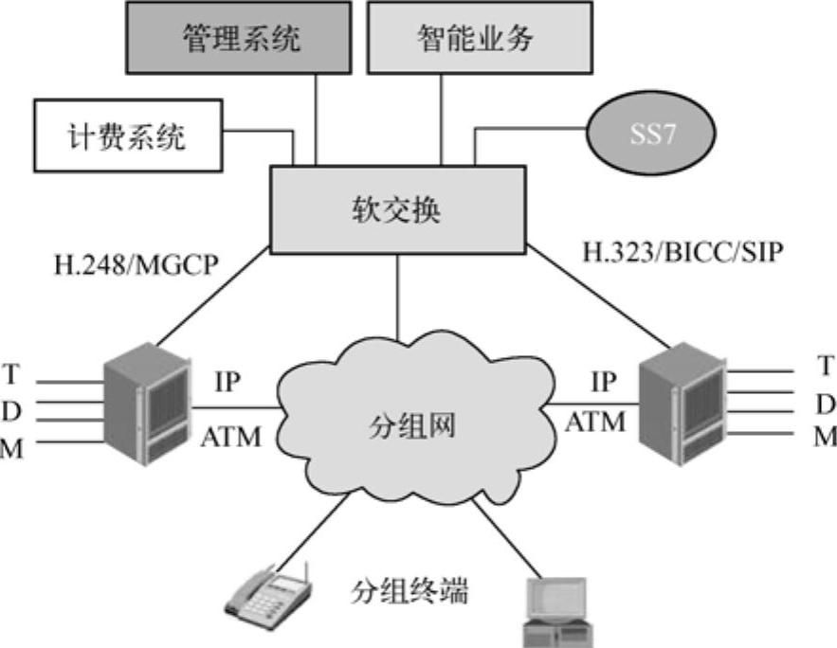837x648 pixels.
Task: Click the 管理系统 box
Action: [241, 38]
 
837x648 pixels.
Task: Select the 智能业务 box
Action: [474, 38]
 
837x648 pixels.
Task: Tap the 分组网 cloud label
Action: [412, 425]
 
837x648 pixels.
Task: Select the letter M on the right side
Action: [826, 436]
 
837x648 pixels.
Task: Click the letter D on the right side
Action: [826, 404]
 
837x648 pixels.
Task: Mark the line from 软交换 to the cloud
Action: [399, 295]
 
